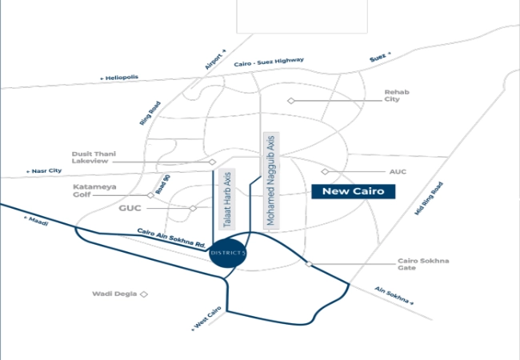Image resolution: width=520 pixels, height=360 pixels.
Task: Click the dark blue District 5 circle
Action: click(228, 253)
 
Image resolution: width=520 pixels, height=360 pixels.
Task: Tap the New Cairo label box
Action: click(353, 192)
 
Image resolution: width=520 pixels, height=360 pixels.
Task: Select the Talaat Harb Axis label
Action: click(227, 199)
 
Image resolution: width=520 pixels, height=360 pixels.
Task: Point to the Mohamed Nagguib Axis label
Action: click(271, 181)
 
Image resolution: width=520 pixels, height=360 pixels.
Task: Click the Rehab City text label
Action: click(397, 95)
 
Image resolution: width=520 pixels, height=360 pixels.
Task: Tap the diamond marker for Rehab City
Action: click(291, 101)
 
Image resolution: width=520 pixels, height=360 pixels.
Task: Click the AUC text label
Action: click(398, 172)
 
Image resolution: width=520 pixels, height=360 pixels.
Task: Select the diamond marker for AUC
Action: click(325, 171)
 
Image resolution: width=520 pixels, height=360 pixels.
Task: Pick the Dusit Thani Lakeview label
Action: click(94, 158)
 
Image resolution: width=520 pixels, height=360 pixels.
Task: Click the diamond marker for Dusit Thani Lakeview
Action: click(212, 162)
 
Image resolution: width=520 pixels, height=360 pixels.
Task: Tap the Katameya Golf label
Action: click(94, 190)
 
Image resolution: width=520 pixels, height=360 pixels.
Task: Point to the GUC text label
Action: click(130, 208)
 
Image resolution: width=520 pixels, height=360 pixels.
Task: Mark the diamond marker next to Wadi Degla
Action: click(143, 294)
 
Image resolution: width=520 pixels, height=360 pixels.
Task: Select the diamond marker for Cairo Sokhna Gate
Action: click(309, 264)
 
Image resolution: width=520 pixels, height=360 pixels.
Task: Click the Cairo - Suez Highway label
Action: click(269, 62)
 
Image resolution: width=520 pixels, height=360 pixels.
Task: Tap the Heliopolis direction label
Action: click(119, 78)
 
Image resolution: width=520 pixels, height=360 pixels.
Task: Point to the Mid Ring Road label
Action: click(429, 198)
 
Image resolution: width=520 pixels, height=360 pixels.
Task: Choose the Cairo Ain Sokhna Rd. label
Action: click(171, 238)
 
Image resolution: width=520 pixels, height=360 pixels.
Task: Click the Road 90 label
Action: click(163, 184)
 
